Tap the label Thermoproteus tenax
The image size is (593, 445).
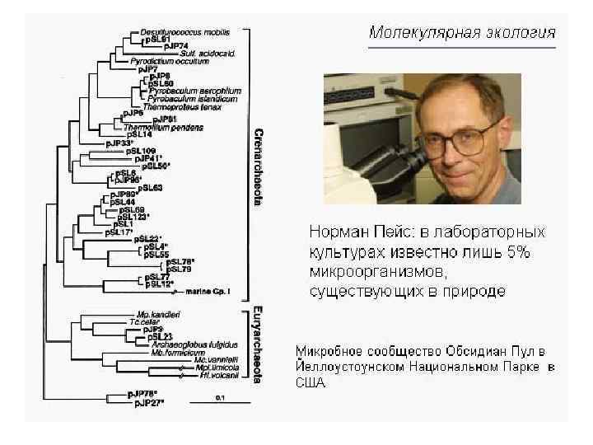171,106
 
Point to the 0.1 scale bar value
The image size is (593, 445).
220,397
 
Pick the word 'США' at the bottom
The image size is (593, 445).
311,383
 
